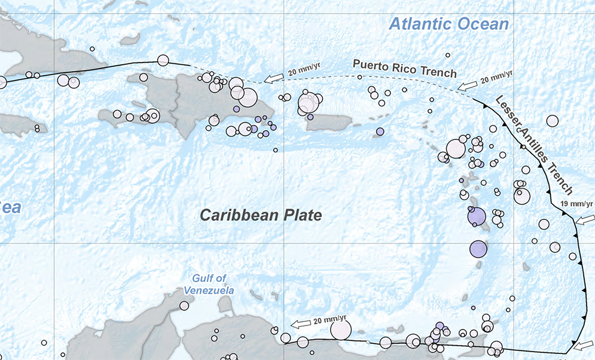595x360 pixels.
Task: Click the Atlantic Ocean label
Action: pyautogui.click(x=449, y=24)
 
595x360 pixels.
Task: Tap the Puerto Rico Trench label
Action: pyautogui.click(x=405, y=68)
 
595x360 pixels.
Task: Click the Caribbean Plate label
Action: pyautogui.click(x=261, y=215)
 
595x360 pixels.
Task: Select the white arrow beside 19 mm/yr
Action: pyautogui.click(x=585, y=220)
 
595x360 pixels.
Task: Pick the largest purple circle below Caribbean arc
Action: pyautogui.click(x=478, y=248)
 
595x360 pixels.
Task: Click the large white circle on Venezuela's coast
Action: pyautogui.click(x=341, y=330)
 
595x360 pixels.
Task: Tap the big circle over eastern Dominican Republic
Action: pyautogui.click(x=247, y=97)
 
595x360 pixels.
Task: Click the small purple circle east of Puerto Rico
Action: pyautogui.click(x=380, y=132)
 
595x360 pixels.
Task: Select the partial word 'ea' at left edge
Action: pyautogui.click(x=10, y=207)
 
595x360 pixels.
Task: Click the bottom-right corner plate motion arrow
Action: pyautogui.click(x=584, y=346)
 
